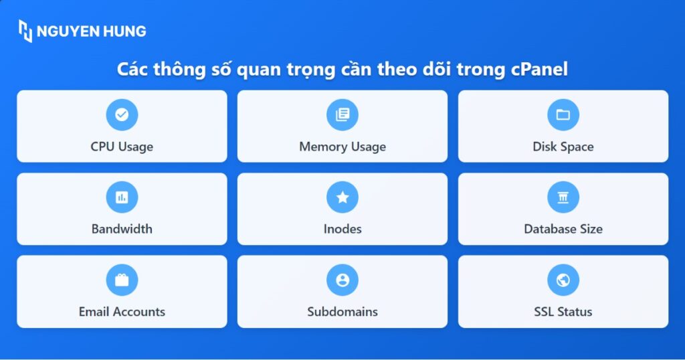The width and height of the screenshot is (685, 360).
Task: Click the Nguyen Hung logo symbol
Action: pos(25,31)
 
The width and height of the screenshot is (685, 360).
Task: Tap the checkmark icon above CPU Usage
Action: pos(122,114)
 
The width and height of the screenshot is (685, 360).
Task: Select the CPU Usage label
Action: pos(122,147)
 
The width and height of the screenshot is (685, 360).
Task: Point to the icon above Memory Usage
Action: pos(342,114)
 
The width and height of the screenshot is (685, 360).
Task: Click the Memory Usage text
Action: pos(342,147)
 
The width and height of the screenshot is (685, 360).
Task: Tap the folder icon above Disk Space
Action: pos(563,114)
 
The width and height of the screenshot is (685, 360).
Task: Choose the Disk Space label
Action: pos(563,147)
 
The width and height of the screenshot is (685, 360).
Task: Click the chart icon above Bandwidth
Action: pos(122,197)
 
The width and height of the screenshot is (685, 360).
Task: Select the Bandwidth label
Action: pos(122,229)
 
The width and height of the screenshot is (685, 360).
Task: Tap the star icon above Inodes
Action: pos(342,197)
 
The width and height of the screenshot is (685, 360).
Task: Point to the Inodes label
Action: pos(342,229)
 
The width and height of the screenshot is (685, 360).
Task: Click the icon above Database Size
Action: pos(563,197)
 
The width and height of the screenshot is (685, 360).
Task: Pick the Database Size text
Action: pos(563,229)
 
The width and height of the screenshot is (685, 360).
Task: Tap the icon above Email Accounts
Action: pos(122,280)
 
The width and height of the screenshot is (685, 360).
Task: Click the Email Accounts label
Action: pos(122,312)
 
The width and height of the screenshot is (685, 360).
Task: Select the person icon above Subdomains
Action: pos(342,280)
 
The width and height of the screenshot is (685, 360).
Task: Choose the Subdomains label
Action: pos(342,312)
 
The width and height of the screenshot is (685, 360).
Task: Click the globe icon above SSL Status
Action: pos(563,280)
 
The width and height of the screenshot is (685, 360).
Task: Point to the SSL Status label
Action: pos(563,312)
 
